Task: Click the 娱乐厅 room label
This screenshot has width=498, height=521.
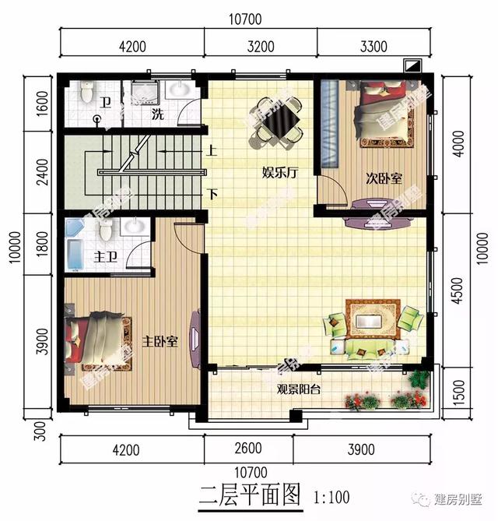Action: point(280,173)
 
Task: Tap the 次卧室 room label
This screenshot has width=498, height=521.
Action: point(384,178)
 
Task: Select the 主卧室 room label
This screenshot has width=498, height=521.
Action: point(160,341)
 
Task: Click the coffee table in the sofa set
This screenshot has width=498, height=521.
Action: point(366,319)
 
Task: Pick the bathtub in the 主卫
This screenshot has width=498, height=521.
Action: point(75,245)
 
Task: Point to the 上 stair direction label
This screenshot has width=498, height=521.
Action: point(211,153)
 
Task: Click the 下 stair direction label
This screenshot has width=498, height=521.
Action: point(211,194)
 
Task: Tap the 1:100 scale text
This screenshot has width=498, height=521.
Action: point(331,496)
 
